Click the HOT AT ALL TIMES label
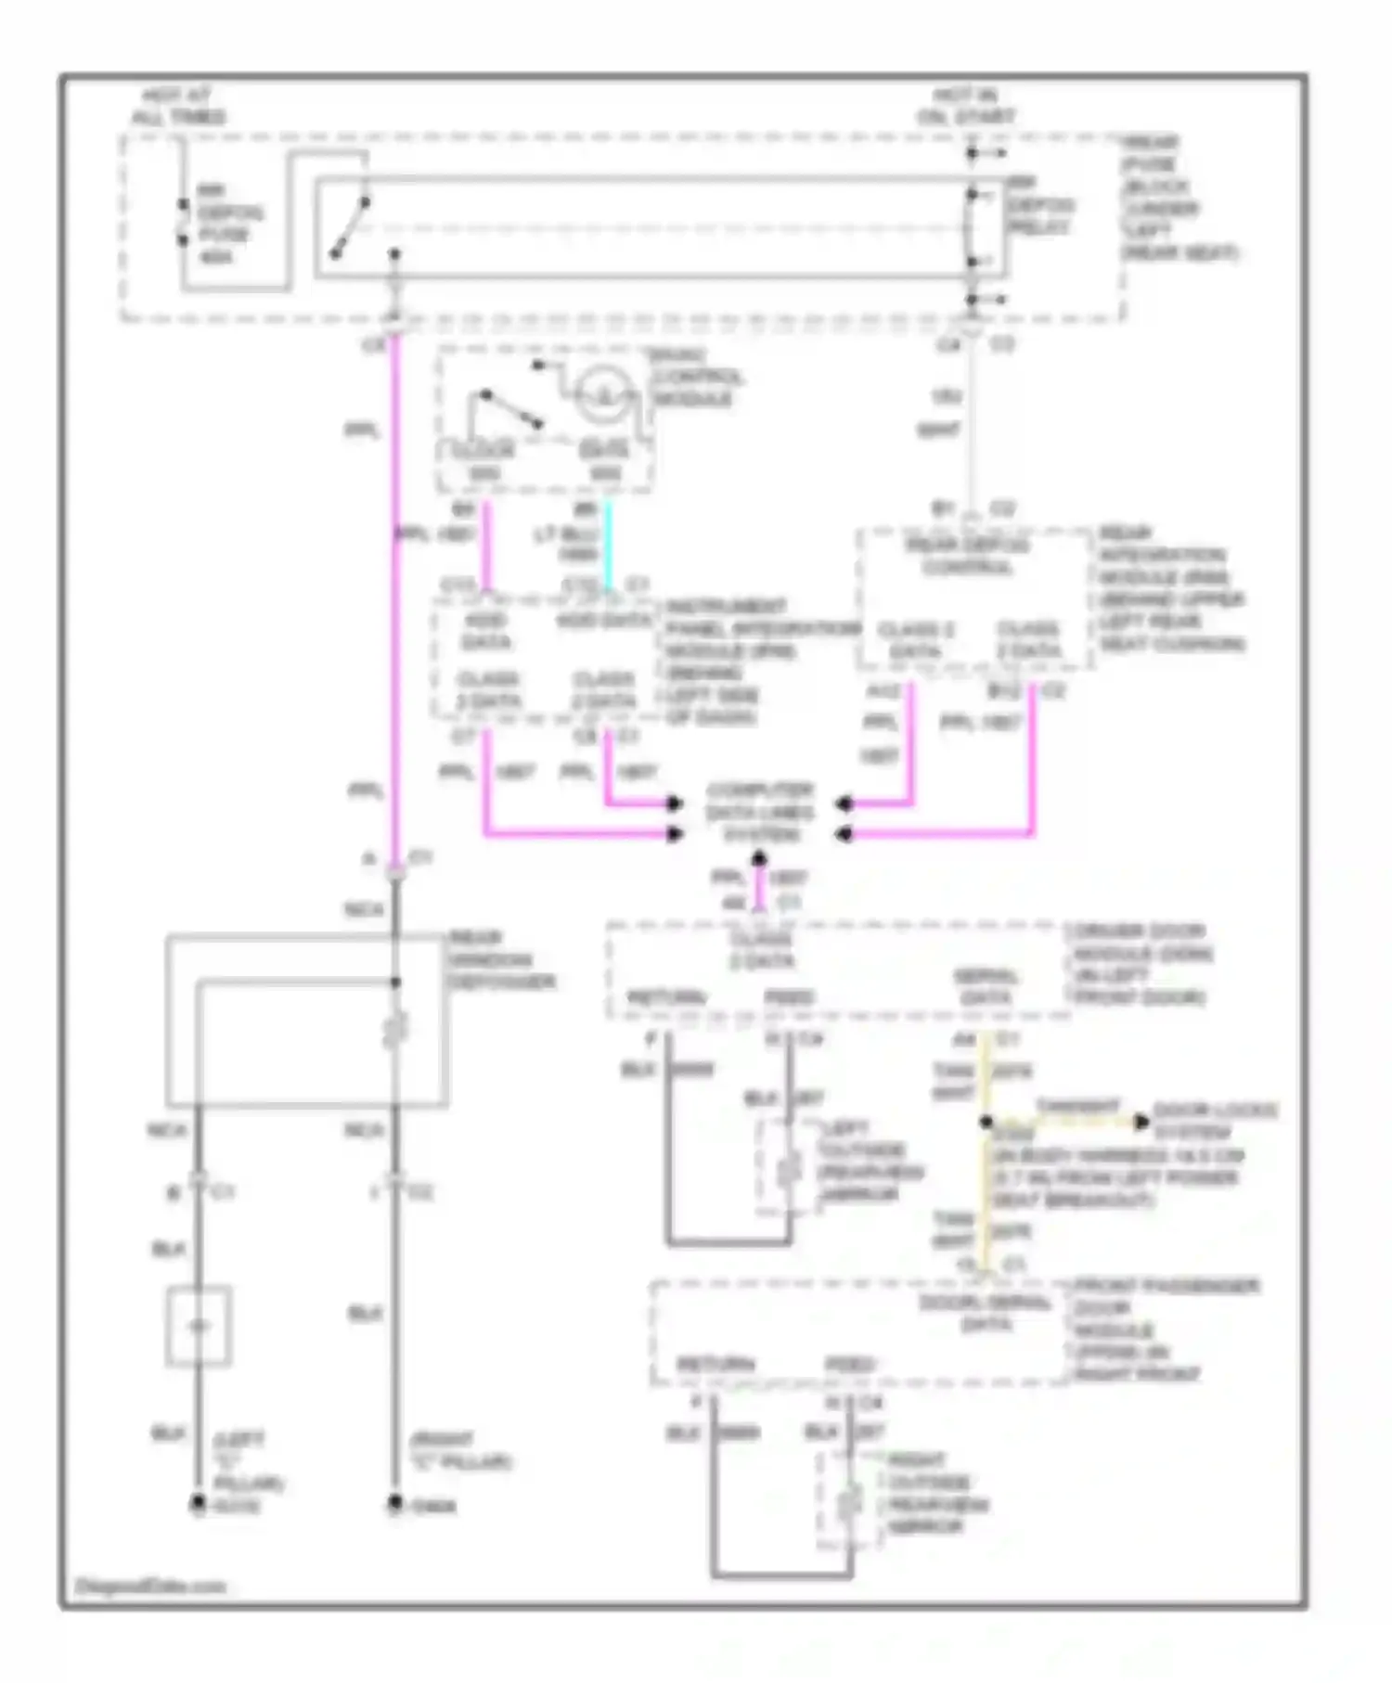(177, 106)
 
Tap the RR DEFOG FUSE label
(227, 224)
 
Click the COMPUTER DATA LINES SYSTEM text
(760, 812)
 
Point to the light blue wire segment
(609, 546)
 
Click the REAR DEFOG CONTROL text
(967, 555)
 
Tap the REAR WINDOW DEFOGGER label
(501, 959)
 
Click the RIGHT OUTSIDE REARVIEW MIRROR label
(937, 1493)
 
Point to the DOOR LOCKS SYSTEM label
(1214, 1121)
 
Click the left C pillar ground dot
(198, 1504)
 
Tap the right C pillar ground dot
(395, 1502)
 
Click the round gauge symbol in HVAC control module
(604, 396)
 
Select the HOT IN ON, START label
(966, 106)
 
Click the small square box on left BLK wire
(199, 1326)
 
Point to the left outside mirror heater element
(788, 1170)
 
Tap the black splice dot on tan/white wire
(986, 1122)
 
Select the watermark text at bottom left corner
(150, 1586)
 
